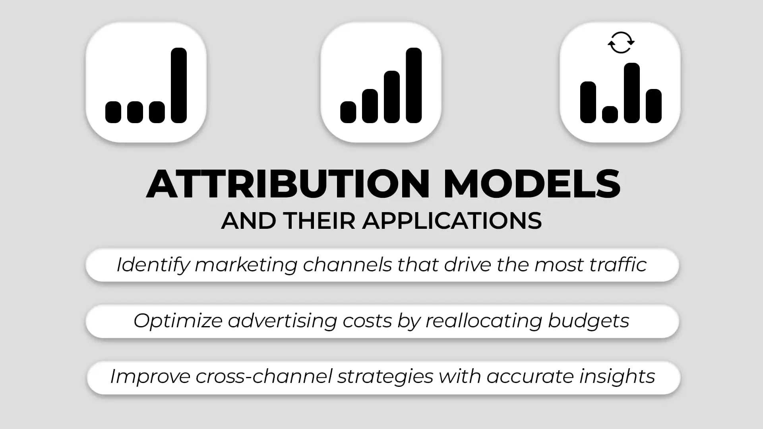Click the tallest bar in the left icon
179,85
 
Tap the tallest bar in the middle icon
414,85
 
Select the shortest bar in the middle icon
348,112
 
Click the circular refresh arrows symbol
621,43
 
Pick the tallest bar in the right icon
632,93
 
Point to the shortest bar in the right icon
610,114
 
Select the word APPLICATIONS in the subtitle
452,221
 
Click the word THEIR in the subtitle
320,221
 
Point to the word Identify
153,265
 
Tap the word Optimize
178,321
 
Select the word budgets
589,321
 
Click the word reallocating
484,321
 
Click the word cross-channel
264,376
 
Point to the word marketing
246,265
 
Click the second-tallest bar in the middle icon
392,97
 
